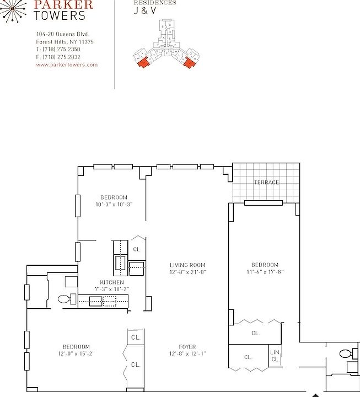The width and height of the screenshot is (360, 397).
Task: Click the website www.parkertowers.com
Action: [66, 65]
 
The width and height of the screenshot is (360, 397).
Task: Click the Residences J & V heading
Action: [154, 7]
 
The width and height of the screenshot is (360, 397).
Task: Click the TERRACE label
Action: [266, 183]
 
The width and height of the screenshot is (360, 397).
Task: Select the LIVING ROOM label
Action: [187, 265]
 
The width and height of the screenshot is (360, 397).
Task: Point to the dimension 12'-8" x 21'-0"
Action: [187, 272]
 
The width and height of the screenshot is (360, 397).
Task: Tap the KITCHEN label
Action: [111, 282]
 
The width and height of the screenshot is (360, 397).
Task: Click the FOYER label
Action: [187, 347]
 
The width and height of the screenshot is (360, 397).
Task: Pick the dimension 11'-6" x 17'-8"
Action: [265, 272]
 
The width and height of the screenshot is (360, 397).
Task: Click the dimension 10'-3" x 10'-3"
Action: [114, 204]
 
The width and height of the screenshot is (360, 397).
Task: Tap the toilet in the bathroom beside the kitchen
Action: [65, 299]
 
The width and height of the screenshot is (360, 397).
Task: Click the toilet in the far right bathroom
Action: [346, 353]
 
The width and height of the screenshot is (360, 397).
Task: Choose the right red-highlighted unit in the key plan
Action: [190, 62]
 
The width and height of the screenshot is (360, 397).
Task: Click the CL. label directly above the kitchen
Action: [137, 250]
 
